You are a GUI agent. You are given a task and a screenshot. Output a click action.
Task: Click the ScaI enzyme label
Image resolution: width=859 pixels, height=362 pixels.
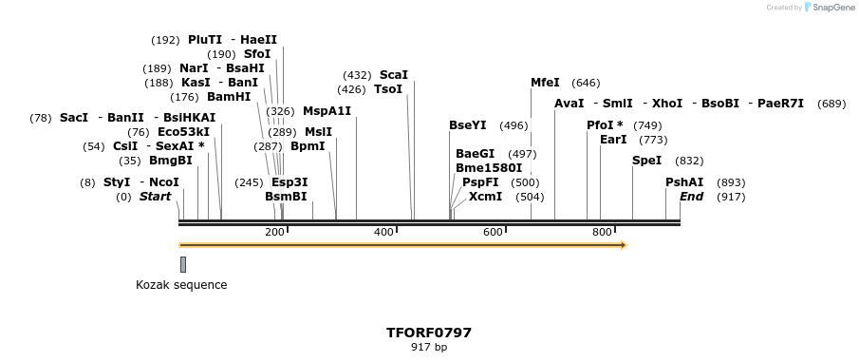[x=393, y=75]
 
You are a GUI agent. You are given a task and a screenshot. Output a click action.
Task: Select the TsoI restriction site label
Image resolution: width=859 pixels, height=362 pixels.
[x=388, y=89]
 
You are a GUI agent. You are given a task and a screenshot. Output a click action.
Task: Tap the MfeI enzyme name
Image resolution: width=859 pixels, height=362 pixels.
[x=545, y=83]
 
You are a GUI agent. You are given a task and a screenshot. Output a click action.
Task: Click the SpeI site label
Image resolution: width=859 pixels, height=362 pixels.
[x=646, y=161]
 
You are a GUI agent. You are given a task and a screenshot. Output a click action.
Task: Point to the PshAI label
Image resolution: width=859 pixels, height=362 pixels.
[x=684, y=182]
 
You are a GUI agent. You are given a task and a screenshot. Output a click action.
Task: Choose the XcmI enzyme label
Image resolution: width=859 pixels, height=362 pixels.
[x=485, y=197]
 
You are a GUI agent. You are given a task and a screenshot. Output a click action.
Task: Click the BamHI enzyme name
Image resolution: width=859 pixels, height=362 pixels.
[x=228, y=97]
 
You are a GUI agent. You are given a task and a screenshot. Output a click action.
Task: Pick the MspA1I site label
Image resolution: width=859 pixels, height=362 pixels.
[x=327, y=111]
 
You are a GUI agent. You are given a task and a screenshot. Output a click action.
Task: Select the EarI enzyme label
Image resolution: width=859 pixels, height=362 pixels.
[x=613, y=140]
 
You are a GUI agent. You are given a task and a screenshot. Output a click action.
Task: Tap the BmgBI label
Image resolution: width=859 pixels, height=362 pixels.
[x=170, y=161]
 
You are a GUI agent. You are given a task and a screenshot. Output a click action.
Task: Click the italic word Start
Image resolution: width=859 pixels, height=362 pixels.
[x=155, y=197]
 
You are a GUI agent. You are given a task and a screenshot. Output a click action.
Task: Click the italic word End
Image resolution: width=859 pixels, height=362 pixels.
[x=691, y=197]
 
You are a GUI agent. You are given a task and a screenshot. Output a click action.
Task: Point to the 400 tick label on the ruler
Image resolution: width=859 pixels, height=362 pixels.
[x=383, y=232]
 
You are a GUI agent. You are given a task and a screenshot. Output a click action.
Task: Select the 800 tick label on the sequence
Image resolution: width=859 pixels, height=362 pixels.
[x=602, y=232]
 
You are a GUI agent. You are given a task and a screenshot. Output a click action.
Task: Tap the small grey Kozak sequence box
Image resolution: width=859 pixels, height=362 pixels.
[x=183, y=264]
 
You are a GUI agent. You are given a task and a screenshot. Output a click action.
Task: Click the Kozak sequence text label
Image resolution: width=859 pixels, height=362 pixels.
[x=181, y=284]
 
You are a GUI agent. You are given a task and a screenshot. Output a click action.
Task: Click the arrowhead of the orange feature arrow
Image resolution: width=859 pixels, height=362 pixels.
[x=624, y=245]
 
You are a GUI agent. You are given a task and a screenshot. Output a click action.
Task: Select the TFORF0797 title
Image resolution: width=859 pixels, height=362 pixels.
[x=429, y=333]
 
